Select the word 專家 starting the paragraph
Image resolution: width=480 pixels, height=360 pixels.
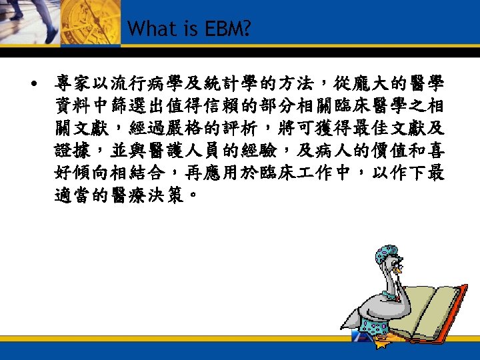(x=71, y=85)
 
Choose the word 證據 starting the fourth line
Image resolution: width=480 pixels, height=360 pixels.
(x=71, y=149)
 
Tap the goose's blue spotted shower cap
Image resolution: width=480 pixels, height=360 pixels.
(x=387, y=254)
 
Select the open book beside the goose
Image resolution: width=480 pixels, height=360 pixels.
(x=433, y=313)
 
